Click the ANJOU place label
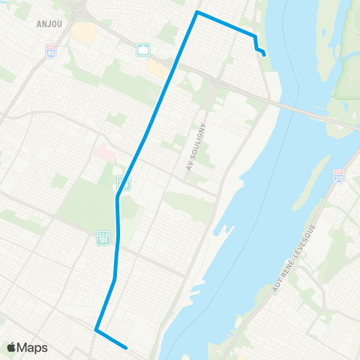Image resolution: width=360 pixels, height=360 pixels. pyautogui.click(x=49, y=22)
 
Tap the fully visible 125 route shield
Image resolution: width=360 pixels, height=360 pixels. pyautogui.click(x=103, y=238)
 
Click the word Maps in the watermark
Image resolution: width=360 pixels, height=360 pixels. pyautogui.click(x=34, y=347)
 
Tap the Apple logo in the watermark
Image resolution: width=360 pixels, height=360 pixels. pyautogui.click(x=12, y=346)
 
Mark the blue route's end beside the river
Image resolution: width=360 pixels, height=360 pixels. pyautogui.click(x=265, y=53)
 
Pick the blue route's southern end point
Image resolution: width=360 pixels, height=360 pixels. pyautogui.click(x=127, y=347)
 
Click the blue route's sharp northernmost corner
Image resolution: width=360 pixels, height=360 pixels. pyautogui.click(x=197, y=12)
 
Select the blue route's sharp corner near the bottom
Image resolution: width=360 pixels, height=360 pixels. pyautogui.click(x=96, y=328)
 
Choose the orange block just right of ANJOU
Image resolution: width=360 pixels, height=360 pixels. pyautogui.click(x=85, y=31)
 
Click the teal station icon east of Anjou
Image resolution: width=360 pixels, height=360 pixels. pyautogui.click(x=143, y=50)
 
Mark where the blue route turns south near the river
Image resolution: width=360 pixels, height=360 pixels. pyautogui.click(x=255, y=36)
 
